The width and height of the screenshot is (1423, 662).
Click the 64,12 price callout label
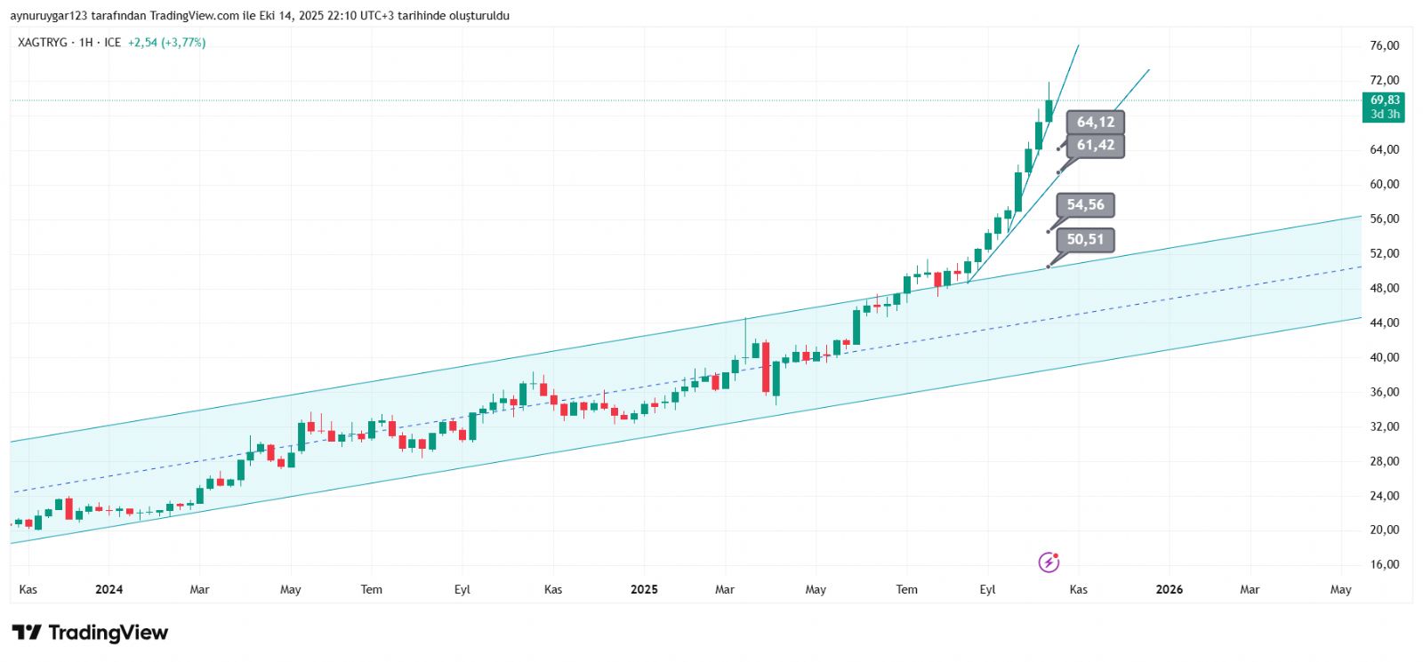tap(1095, 123)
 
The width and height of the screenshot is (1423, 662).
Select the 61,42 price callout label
tap(1095, 146)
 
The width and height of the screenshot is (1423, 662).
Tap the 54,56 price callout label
tap(1085, 205)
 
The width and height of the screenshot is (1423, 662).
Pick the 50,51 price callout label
tap(1085, 240)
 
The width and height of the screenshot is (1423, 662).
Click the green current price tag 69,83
tap(1384, 107)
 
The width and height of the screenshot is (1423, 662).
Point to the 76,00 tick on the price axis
tap(1385, 46)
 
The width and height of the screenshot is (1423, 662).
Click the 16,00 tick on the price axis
tap(1385, 565)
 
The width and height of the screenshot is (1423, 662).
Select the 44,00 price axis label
tap(1385, 323)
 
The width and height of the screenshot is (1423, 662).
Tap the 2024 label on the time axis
tap(109, 590)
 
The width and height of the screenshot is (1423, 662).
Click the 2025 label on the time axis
tap(644, 590)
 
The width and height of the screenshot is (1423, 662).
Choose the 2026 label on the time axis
tap(1169, 590)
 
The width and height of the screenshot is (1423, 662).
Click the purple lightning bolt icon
tap(1049, 562)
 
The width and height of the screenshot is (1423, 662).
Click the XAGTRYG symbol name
tap(43, 43)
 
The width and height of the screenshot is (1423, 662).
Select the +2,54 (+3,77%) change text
tap(166, 43)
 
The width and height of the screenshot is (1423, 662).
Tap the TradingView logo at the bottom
tap(90, 633)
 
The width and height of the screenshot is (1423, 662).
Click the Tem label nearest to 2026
tap(906, 590)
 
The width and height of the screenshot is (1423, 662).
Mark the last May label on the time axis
tap(1340, 590)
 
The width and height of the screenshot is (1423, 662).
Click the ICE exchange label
tap(112, 43)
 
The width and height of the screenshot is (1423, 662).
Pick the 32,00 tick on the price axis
tap(1385, 427)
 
